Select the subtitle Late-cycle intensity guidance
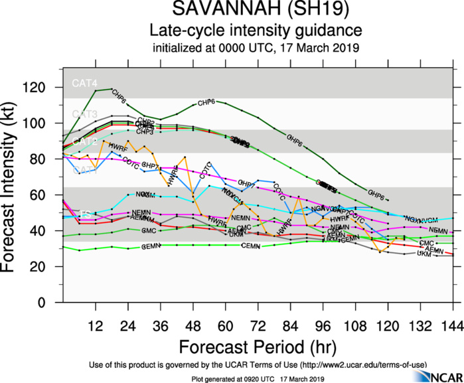point(256,31)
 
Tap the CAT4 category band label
point(85,84)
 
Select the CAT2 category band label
point(85,142)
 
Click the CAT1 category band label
point(85,171)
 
